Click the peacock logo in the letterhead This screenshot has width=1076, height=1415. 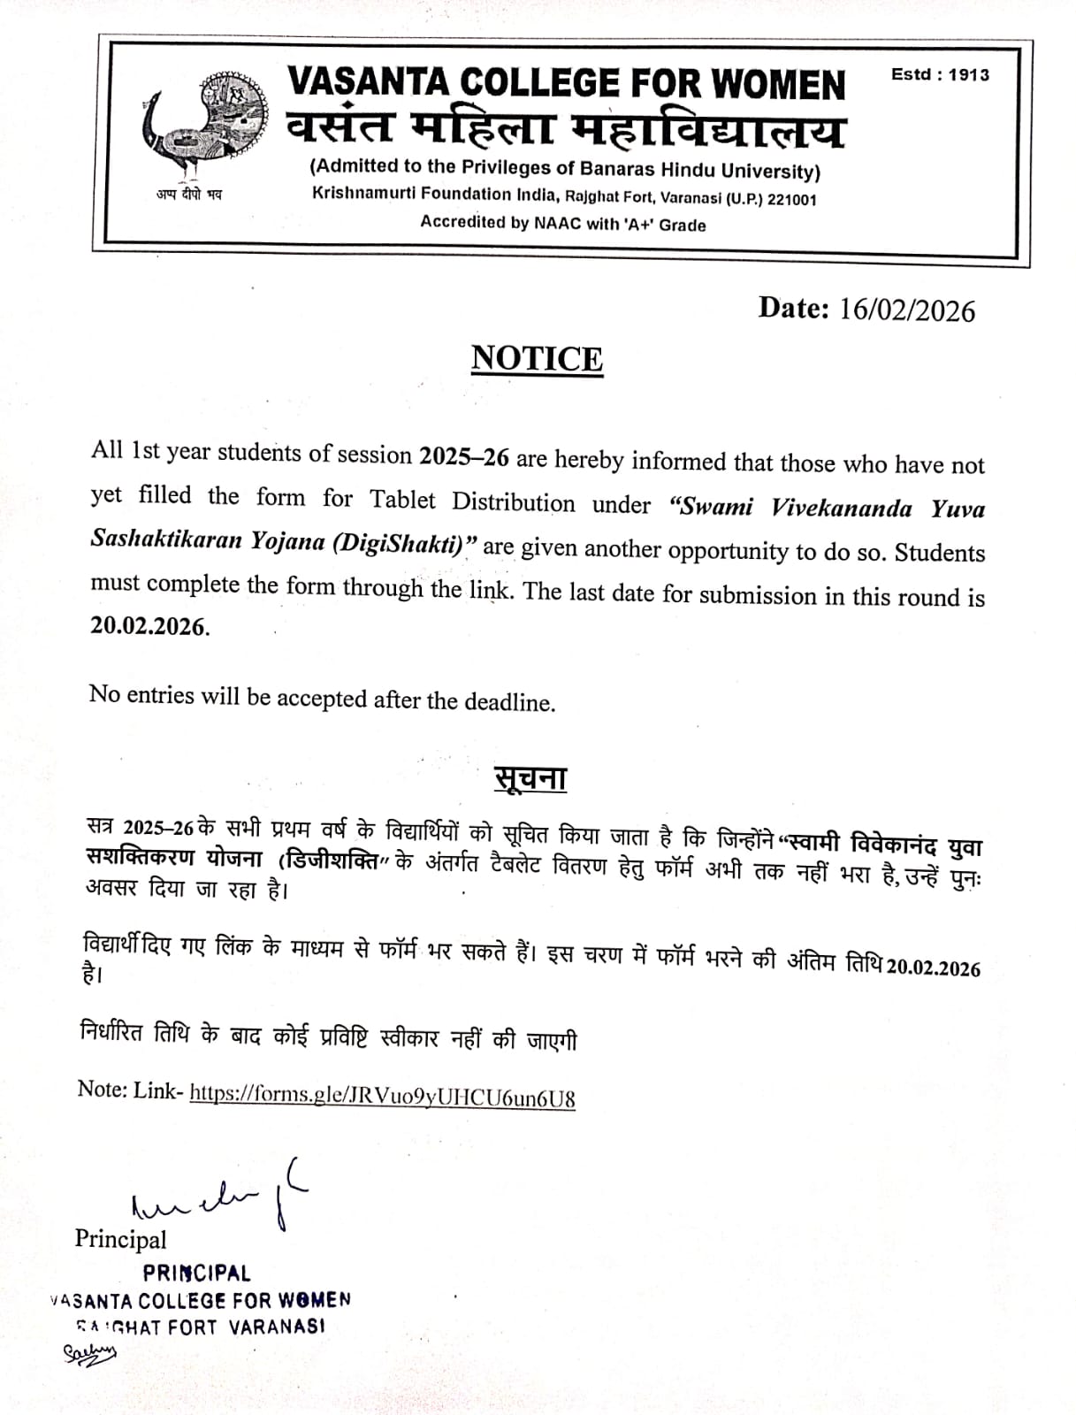pyautogui.click(x=203, y=123)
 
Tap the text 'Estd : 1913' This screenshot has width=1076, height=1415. pyautogui.click(x=940, y=75)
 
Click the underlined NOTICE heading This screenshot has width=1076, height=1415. pyautogui.click(x=537, y=359)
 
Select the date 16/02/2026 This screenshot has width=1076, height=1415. pyautogui.click(x=907, y=310)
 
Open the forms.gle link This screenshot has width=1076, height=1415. pyautogui.click(x=383, y=1096)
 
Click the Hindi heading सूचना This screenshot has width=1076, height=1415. pyautogui.click(x=530, y=777)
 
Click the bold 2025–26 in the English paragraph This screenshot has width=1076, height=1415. pyautogui.click(x=464, y=456)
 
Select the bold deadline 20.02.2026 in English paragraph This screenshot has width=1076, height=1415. pyautogui.click(x=149, y=626)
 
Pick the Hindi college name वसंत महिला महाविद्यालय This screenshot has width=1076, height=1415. pyautogui.click(x=566, y=130)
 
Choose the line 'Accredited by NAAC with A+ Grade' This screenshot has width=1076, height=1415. pyautogui.click(x=563, y=224)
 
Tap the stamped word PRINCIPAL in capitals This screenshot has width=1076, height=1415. pyautogui.click(x=197, y=1273)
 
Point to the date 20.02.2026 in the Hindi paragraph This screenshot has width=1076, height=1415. pyautogui.click(x=934, y=968)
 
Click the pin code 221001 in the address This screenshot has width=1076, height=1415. pyautogui.click(x=792, y=200)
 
